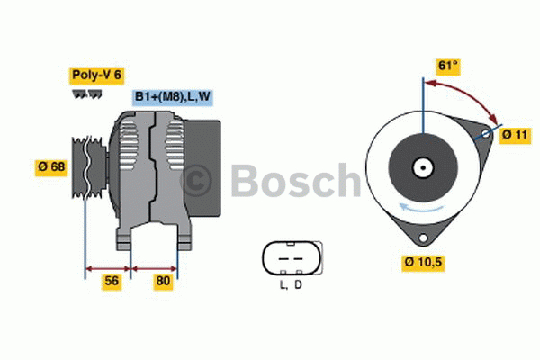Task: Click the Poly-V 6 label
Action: [x=97, y=76]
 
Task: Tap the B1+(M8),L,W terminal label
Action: [x=173, y=97]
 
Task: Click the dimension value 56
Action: [x=112, y=281]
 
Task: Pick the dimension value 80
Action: [x=163, y=281]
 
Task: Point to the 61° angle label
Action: [x=448, y=66]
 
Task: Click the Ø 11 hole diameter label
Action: [x=515, y=135]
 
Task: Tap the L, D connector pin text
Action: [x=290, y=285]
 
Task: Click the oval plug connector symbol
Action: [x=290, y=257]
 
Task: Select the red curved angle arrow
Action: [x=468, y=95]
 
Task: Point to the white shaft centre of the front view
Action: [x=421, y=166]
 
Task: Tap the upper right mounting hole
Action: [x=486, y=134]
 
